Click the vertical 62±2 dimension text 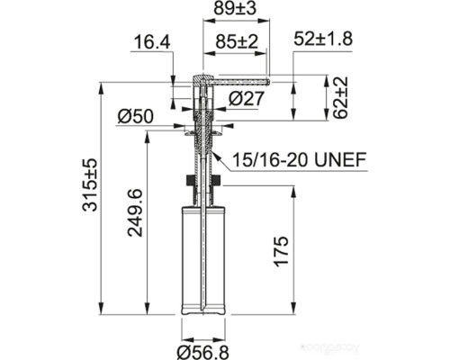click(x=340, y=97)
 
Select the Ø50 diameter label click(x=137, y=115)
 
